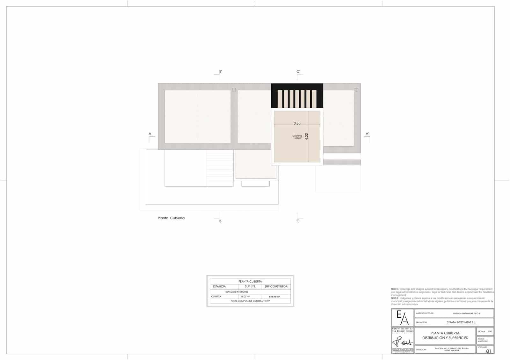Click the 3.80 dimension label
tap(297, 123)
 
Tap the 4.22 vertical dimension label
tap(307, 136)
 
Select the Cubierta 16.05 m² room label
tap(297, 137)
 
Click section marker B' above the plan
tap(220, 72)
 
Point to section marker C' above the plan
tap(298, 72)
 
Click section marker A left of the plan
tap(150, 134)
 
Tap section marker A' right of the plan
tap(367, 134)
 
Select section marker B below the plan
tap(220, 221)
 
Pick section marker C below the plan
tap(298, 221)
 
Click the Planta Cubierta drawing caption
tap(171, 218)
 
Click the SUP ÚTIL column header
tap(250, 286)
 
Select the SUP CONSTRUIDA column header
tap(276, 286)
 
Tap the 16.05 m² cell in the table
tap(245, 297)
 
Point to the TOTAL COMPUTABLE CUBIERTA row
tap(250, 301)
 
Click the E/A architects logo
tap(403, 318)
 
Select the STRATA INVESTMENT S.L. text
tap(461, 322)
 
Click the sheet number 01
tap(489, 351)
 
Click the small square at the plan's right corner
tap(356, 90)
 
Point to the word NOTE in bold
tap(395, 289)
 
